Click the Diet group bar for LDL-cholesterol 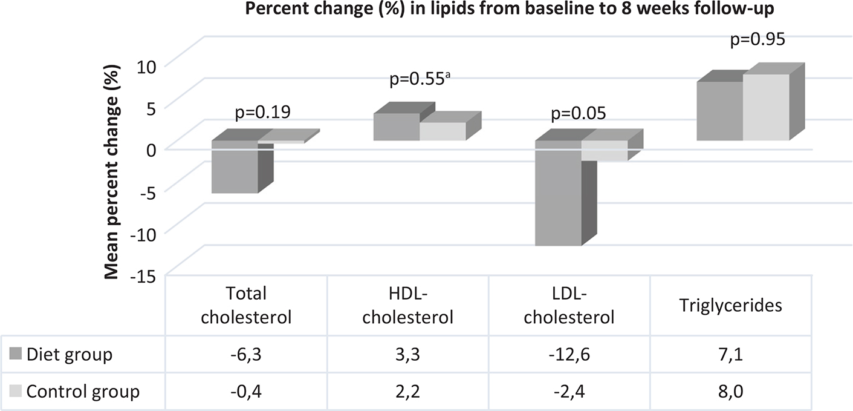click(x=558, y=194)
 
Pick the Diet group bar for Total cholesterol click(x=235, y=168)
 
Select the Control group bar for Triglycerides click(x=766, y=108)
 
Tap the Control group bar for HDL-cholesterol click(x=443, y=131)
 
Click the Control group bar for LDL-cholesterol click(x=604, y=151)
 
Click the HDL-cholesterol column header click(x=408, y=306)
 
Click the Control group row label click(x=82, y=391)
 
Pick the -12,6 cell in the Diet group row click(x=569, y=353)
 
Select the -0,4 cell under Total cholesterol click(x=246, y=391)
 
